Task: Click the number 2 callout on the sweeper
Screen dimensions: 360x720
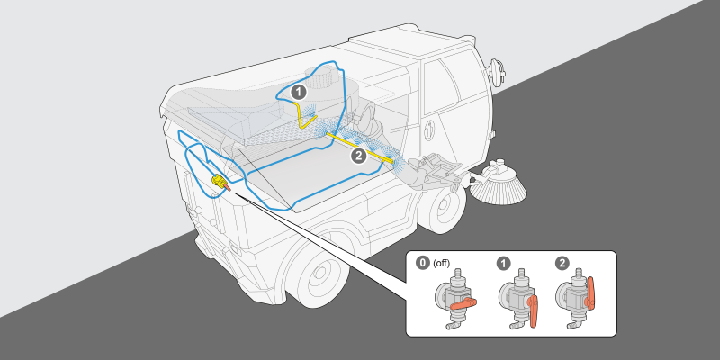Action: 358,155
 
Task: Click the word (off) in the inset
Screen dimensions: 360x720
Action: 441,264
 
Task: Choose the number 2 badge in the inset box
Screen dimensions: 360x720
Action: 563,264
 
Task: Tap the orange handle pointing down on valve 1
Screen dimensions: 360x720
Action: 535,310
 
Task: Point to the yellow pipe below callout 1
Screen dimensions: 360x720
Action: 300,111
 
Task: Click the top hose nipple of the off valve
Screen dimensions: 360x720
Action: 457,274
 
